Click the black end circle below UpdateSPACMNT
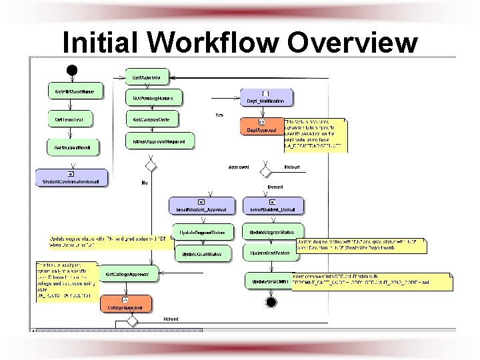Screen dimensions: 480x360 click(271, 302)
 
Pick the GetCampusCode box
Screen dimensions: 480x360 click(152, 119)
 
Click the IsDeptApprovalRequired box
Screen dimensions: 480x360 click(159, 140)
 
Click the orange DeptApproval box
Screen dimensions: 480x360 click(261, 126)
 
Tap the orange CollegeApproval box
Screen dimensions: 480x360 click(127, 304)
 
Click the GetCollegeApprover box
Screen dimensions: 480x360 click(128, 273)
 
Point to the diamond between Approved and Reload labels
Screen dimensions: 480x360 click(265, 167)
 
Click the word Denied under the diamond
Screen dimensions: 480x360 click(275, 188)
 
